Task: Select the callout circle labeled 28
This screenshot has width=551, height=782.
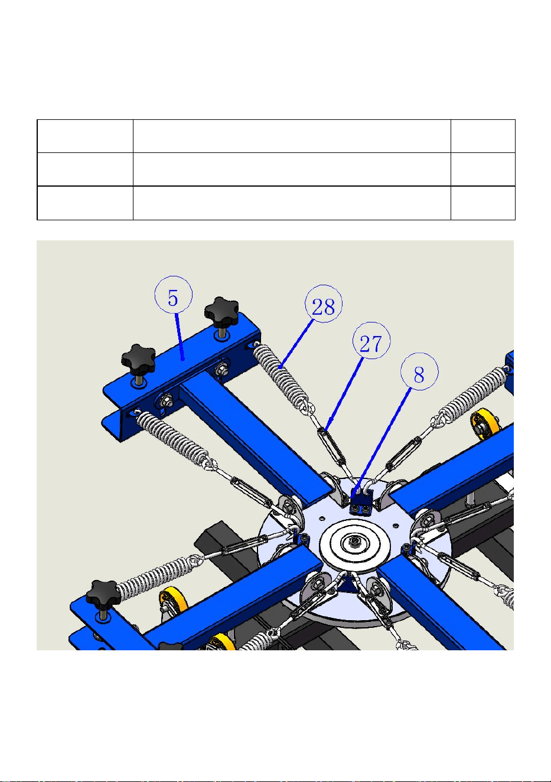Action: point(324,304)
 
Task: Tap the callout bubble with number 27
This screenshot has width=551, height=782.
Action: point(371,341)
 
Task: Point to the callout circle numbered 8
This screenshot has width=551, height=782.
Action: point(419,372)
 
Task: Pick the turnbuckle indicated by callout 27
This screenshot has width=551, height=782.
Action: point(330,444)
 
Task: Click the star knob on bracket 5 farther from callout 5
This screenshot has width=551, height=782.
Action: point(139,360)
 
